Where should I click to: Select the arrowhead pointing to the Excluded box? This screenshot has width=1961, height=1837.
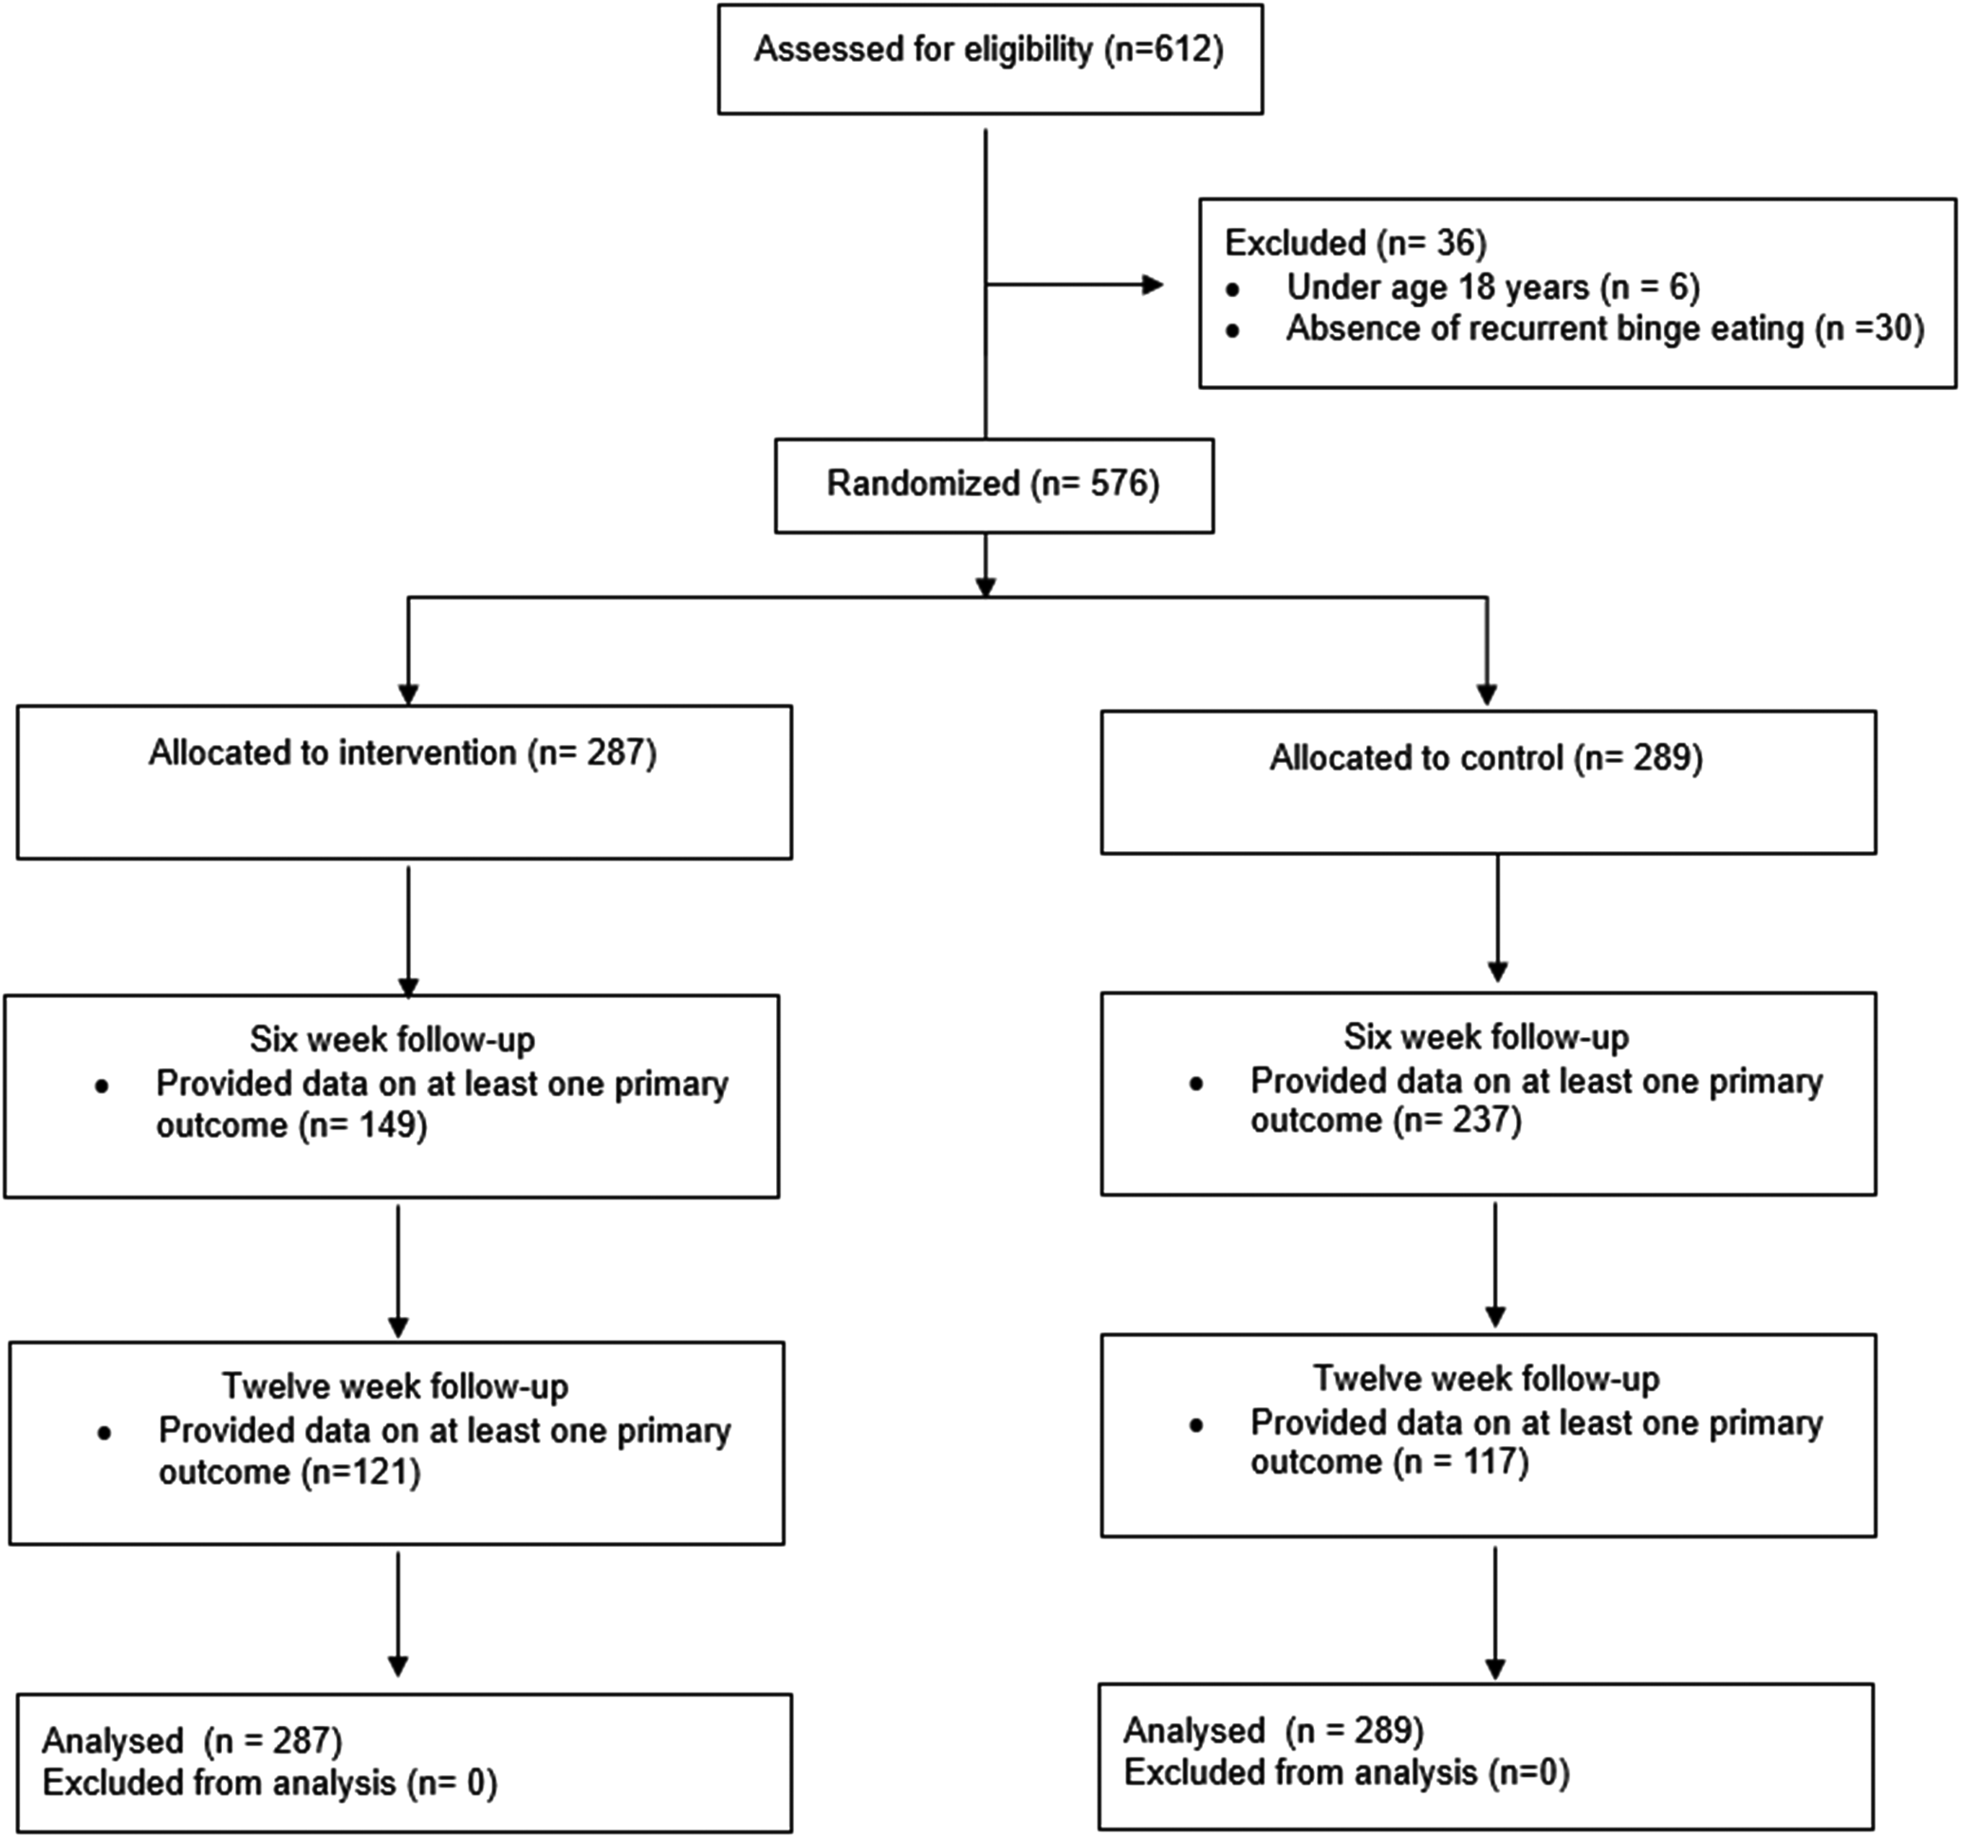[x=1152, y=285]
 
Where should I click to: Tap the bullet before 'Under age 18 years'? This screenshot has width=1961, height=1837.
[x=1232, y=290]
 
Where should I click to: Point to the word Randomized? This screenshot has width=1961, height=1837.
[x=923, y=483]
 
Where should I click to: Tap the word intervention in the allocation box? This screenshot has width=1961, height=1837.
[x=427, y=752]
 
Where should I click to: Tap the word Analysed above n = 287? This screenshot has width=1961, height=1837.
[x=113, y=1741]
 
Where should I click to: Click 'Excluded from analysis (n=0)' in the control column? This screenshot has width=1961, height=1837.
[x=1346, y=1772]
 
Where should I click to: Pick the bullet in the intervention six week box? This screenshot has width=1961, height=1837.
[x=102, y=1087]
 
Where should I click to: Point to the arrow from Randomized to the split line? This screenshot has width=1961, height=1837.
[x=986, y=566]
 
